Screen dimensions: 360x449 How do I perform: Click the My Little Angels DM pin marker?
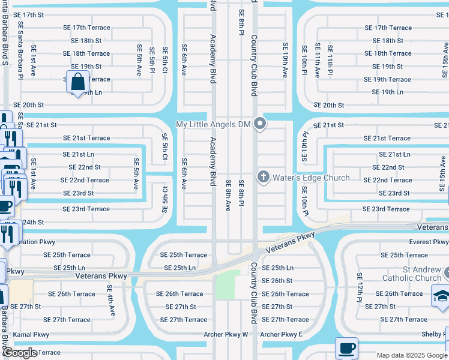point(260,124)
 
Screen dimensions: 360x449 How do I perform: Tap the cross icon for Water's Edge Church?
point(263,177)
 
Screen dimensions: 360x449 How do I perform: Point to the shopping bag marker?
point(78,81)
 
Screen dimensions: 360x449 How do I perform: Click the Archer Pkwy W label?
point(225,334)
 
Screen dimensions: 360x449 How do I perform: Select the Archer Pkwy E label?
point(282,334)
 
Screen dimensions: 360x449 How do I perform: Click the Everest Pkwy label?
point(429,242)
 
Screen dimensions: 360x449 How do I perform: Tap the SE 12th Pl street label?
point(360,286)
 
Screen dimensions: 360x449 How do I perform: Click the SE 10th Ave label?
point(285,60)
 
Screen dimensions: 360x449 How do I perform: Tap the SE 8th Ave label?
point(228,195)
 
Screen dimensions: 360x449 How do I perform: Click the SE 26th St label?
point(277,280)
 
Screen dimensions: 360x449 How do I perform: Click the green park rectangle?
point(228,284)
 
